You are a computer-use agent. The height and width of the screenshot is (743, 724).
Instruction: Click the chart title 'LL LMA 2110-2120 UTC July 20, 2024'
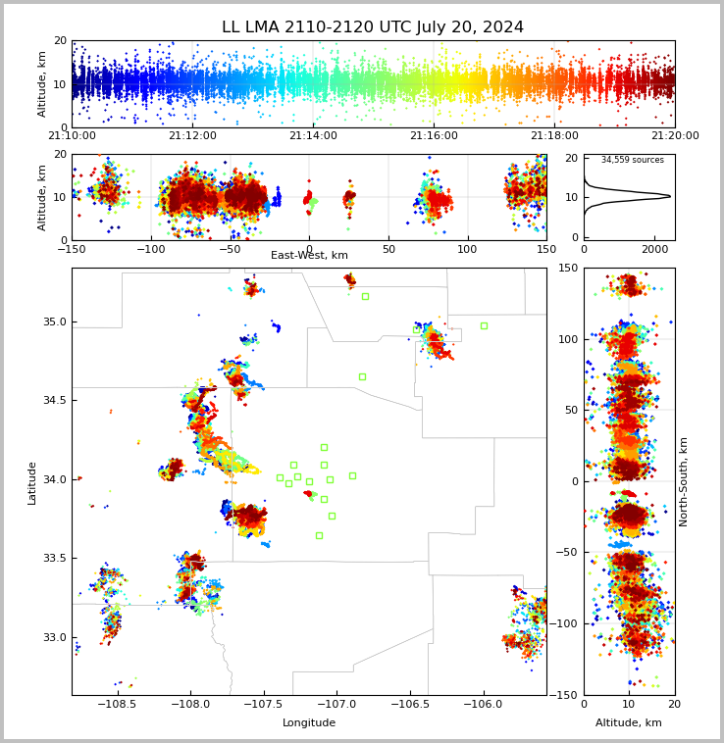[x=373, y=27]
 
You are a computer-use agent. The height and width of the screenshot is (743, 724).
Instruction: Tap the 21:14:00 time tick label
[x=313, y=136]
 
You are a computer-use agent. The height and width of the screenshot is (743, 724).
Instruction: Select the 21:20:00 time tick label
[x=674, y=136]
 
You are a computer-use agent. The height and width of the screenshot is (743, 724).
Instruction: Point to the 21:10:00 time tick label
[x=72, y=136]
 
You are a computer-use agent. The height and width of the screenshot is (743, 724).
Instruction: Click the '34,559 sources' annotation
[x=632, y=160]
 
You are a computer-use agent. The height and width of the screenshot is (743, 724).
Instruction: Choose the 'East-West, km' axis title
[x=309, y=256]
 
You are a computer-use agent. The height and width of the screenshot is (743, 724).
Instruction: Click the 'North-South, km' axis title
[x=684, y=481]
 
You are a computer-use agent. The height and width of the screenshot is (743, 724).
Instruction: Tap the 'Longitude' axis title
[x=309, y=723]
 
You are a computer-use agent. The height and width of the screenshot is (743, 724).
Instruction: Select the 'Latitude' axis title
[x=32, y=481]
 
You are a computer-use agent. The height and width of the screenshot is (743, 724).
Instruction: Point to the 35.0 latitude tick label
[x=54, y=322]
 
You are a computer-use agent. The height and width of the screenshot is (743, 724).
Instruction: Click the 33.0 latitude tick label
[x=54, y=637]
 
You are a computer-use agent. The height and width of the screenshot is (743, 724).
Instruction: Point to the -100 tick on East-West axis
[x=150, y=249]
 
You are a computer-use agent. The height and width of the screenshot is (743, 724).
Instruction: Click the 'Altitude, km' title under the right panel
[x=629, y=723]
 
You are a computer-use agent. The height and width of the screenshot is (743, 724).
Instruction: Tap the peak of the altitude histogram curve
[x=671, y=196]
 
